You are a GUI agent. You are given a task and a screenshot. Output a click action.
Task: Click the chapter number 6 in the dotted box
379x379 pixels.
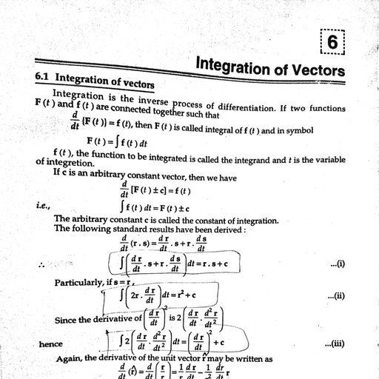(x=332, y=44)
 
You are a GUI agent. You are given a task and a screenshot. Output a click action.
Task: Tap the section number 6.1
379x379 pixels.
(x=45, y=76)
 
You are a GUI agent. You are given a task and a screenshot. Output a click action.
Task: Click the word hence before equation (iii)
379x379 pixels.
(x=50, y=344)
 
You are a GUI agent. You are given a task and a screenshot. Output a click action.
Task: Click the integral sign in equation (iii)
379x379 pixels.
(x=120, y=341)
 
